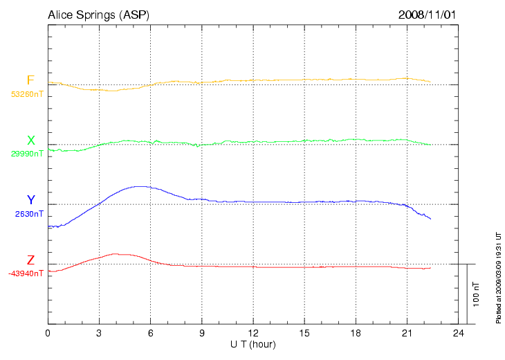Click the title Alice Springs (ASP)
click(98, 15)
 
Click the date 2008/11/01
click(427, 15)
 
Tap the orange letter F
click(30, 80)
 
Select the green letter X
click(30, 141)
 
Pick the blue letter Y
click(30, 200)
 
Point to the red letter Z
click(30, 260)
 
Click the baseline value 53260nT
click(27, 93)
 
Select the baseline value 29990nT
click(27, 154)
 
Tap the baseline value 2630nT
click(29, 214)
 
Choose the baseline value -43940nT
click(26, 273)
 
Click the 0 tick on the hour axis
click(48, 333)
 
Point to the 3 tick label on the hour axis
click(99, 333)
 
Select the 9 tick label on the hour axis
click(202, 333)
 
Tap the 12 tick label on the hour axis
click(253, 333)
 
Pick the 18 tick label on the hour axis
click(356, 333)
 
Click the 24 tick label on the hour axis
click(458, 333)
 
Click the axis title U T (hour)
click(253, 344)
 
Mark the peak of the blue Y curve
click(141, 186)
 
